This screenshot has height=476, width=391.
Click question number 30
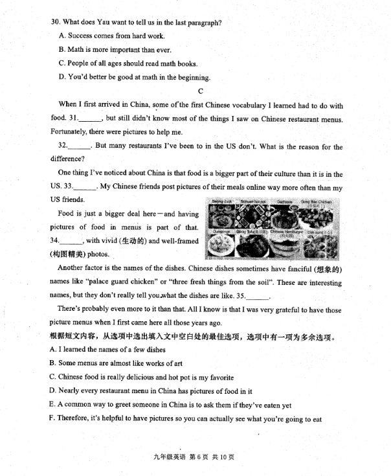(x=55, y=23)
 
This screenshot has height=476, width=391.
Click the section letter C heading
(x=200, y=91)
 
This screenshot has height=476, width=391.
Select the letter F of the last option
(x=52, y=420)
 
